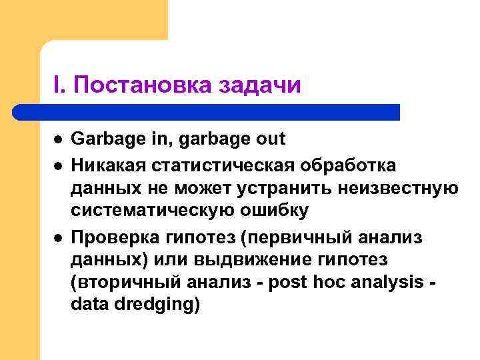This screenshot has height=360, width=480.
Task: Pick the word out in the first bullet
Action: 270,139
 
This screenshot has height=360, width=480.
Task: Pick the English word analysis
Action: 389,284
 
